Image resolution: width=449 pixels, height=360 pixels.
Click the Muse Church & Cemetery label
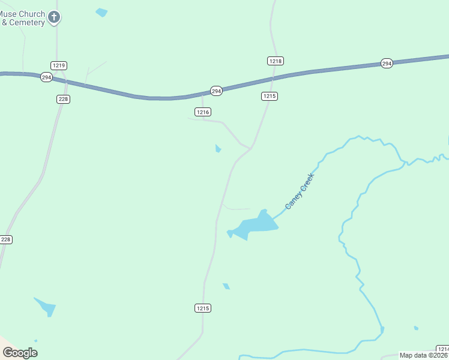point(23,18)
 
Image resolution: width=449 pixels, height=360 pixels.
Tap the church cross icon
point(55,17)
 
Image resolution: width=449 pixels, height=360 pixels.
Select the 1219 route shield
point(59,65)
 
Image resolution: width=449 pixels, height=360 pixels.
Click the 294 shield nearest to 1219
point(46,77)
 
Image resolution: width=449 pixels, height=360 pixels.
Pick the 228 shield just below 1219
point(64,99)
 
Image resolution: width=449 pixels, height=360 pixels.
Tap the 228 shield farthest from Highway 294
point(6,239)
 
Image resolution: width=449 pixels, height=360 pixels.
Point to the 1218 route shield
point(275,61)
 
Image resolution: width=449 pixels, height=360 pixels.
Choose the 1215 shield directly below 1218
point(270,96)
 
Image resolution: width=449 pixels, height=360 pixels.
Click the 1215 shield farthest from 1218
point(203,308)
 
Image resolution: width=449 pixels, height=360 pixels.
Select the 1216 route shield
point(203,112)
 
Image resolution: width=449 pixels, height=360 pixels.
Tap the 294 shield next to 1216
point(217,91)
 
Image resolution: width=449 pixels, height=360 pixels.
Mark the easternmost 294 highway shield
point(387,63)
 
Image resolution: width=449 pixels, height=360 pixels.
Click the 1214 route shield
point(442,349)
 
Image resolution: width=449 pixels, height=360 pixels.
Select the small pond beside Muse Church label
point(101,11)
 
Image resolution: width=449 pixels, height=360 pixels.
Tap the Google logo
point(20,353)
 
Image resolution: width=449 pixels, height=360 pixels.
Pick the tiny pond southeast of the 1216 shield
point(218,148)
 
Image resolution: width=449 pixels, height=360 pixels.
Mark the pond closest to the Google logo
point(46,307)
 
